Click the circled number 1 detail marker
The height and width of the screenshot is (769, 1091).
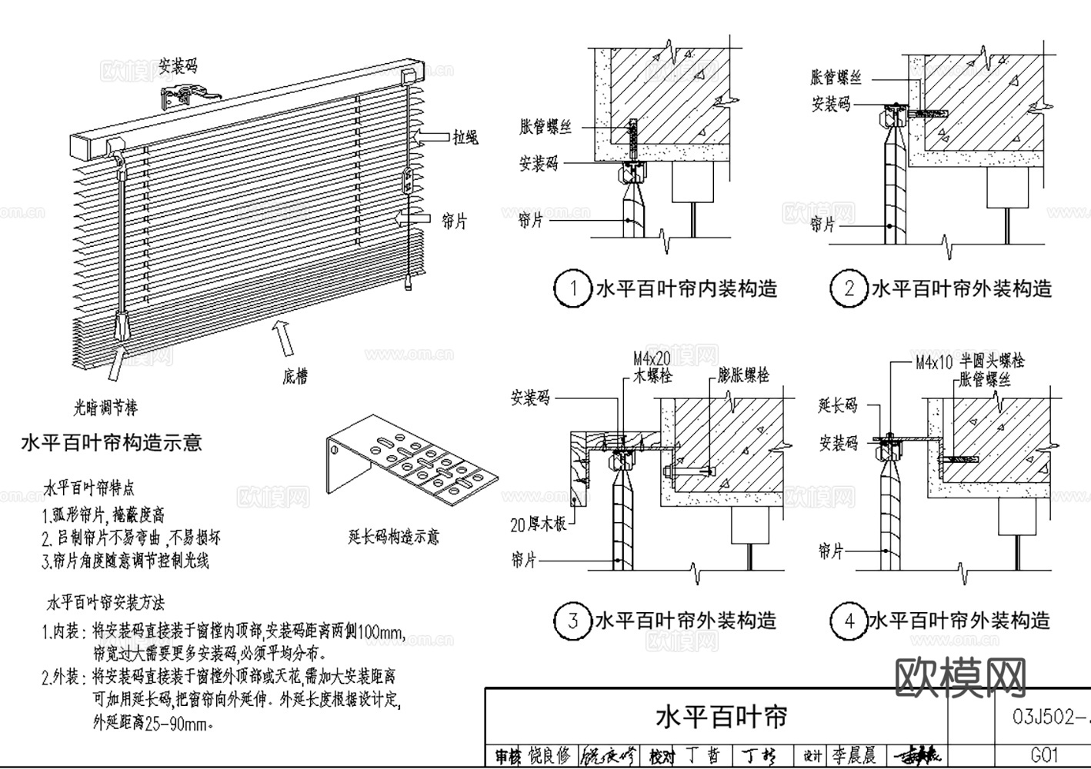(x=572, y=289)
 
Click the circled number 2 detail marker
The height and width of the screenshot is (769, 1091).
(x=849, y=289)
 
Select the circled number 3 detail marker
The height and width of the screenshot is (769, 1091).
(x=572, y=621)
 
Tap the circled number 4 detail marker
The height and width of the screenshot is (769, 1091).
(x=849, y=621)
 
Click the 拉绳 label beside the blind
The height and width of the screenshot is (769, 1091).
(x=465, y=137)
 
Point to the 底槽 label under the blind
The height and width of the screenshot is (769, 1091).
(x=295, y=376)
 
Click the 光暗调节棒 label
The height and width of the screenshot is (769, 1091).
(x=105, y=407)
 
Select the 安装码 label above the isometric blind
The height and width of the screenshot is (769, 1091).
(x=178, y=65)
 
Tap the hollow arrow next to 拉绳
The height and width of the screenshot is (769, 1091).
(x=431, y=137)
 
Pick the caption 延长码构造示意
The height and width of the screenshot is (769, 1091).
(x=394, y=536)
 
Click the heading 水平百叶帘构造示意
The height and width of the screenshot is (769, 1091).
(x=112, y=442)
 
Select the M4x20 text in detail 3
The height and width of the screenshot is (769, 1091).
(x=652, y=358)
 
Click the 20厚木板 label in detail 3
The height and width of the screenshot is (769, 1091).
(x=539, y=524)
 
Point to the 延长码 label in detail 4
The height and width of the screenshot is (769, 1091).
(x=838, y=404)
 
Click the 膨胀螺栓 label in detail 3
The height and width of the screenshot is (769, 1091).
(x=743, y=375)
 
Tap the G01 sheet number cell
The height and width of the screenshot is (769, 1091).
(x=1045, y=755)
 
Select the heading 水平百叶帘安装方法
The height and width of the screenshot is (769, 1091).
(x=106, y=601)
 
